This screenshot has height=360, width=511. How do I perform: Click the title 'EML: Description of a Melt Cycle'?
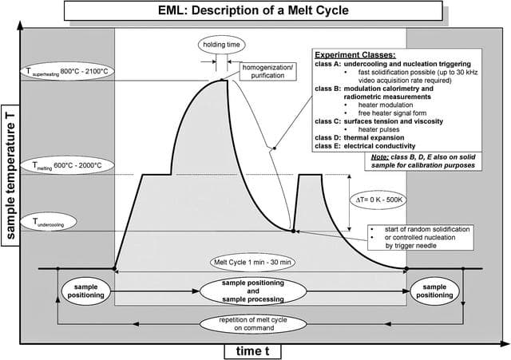(x=253, y=10)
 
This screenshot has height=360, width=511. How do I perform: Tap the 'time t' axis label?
(x=252, y=351)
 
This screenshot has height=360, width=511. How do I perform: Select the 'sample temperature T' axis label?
(x=10, y=176)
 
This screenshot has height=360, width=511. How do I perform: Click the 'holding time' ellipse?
(x=221, y=45)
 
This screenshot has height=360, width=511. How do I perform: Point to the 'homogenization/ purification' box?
(x=268, y=71)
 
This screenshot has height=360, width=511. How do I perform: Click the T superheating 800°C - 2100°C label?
(x=67, y=71)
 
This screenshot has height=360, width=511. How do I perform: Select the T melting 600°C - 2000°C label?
(x=67, y=165)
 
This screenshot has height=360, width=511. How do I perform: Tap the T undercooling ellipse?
(x=49, y=222)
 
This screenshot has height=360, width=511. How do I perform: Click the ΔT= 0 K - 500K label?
(x=378, y=200)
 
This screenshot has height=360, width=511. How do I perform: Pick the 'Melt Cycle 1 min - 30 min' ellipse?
(x=252, y=263)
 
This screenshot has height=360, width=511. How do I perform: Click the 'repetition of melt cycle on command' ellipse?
(x=253, y=324)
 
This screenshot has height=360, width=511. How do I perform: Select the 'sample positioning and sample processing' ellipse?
(x=253, y=291)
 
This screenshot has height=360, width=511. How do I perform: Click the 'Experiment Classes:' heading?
(x=355, y=55)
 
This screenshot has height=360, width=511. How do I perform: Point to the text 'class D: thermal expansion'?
(x=359, y=137)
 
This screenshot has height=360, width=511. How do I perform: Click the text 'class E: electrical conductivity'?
(x=365, y=146)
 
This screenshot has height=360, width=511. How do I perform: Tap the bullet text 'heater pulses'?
(x=378, y=129)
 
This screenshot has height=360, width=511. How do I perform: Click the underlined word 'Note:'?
(x=380, y=157)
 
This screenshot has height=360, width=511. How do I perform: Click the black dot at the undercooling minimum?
(x=293, y=231)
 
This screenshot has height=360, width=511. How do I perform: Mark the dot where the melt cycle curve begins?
(x=114, y=268)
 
